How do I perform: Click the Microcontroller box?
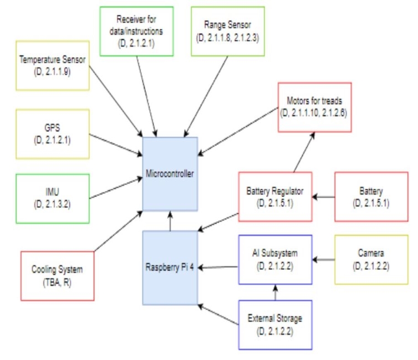tap(170, 173)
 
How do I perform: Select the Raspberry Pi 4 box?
tap(170, 268)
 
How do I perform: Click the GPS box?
tap(53, 134)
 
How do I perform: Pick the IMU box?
tap(53, 199)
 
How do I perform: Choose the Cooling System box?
tap(57, 275)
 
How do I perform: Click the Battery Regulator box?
tap(275, 197)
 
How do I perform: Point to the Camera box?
tap(370, 259)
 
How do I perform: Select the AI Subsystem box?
tap(275, 259)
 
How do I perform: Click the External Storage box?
tap(275, 325)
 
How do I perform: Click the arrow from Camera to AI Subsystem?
tap(324, 259)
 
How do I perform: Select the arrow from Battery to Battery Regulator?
tap(324, 196)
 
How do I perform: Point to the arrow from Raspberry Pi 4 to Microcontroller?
tap(170, 220)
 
